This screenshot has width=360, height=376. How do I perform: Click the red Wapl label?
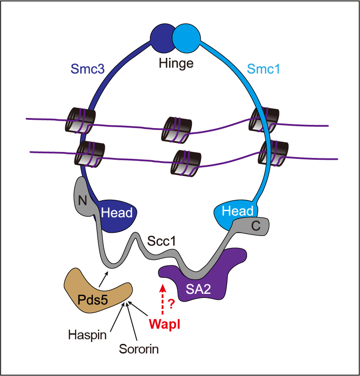tap(164, 324)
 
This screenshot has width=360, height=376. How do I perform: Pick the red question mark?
tap(171, 303)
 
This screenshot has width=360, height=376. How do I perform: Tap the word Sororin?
tap(139, 349)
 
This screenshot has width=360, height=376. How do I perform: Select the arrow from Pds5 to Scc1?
tap(104, 278)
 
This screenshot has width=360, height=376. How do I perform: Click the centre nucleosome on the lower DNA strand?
tap(185, 163)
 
